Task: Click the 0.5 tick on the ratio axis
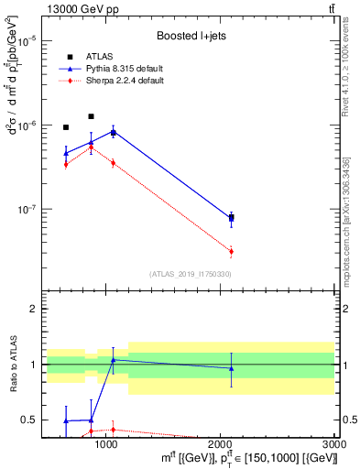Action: [28, 420]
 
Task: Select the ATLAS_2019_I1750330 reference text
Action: [190, 274]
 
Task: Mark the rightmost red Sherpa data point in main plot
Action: [231, 251]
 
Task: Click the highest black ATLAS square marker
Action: [91, 116]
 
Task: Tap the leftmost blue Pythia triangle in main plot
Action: [66, 153]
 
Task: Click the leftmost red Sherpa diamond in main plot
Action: [66, 164]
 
